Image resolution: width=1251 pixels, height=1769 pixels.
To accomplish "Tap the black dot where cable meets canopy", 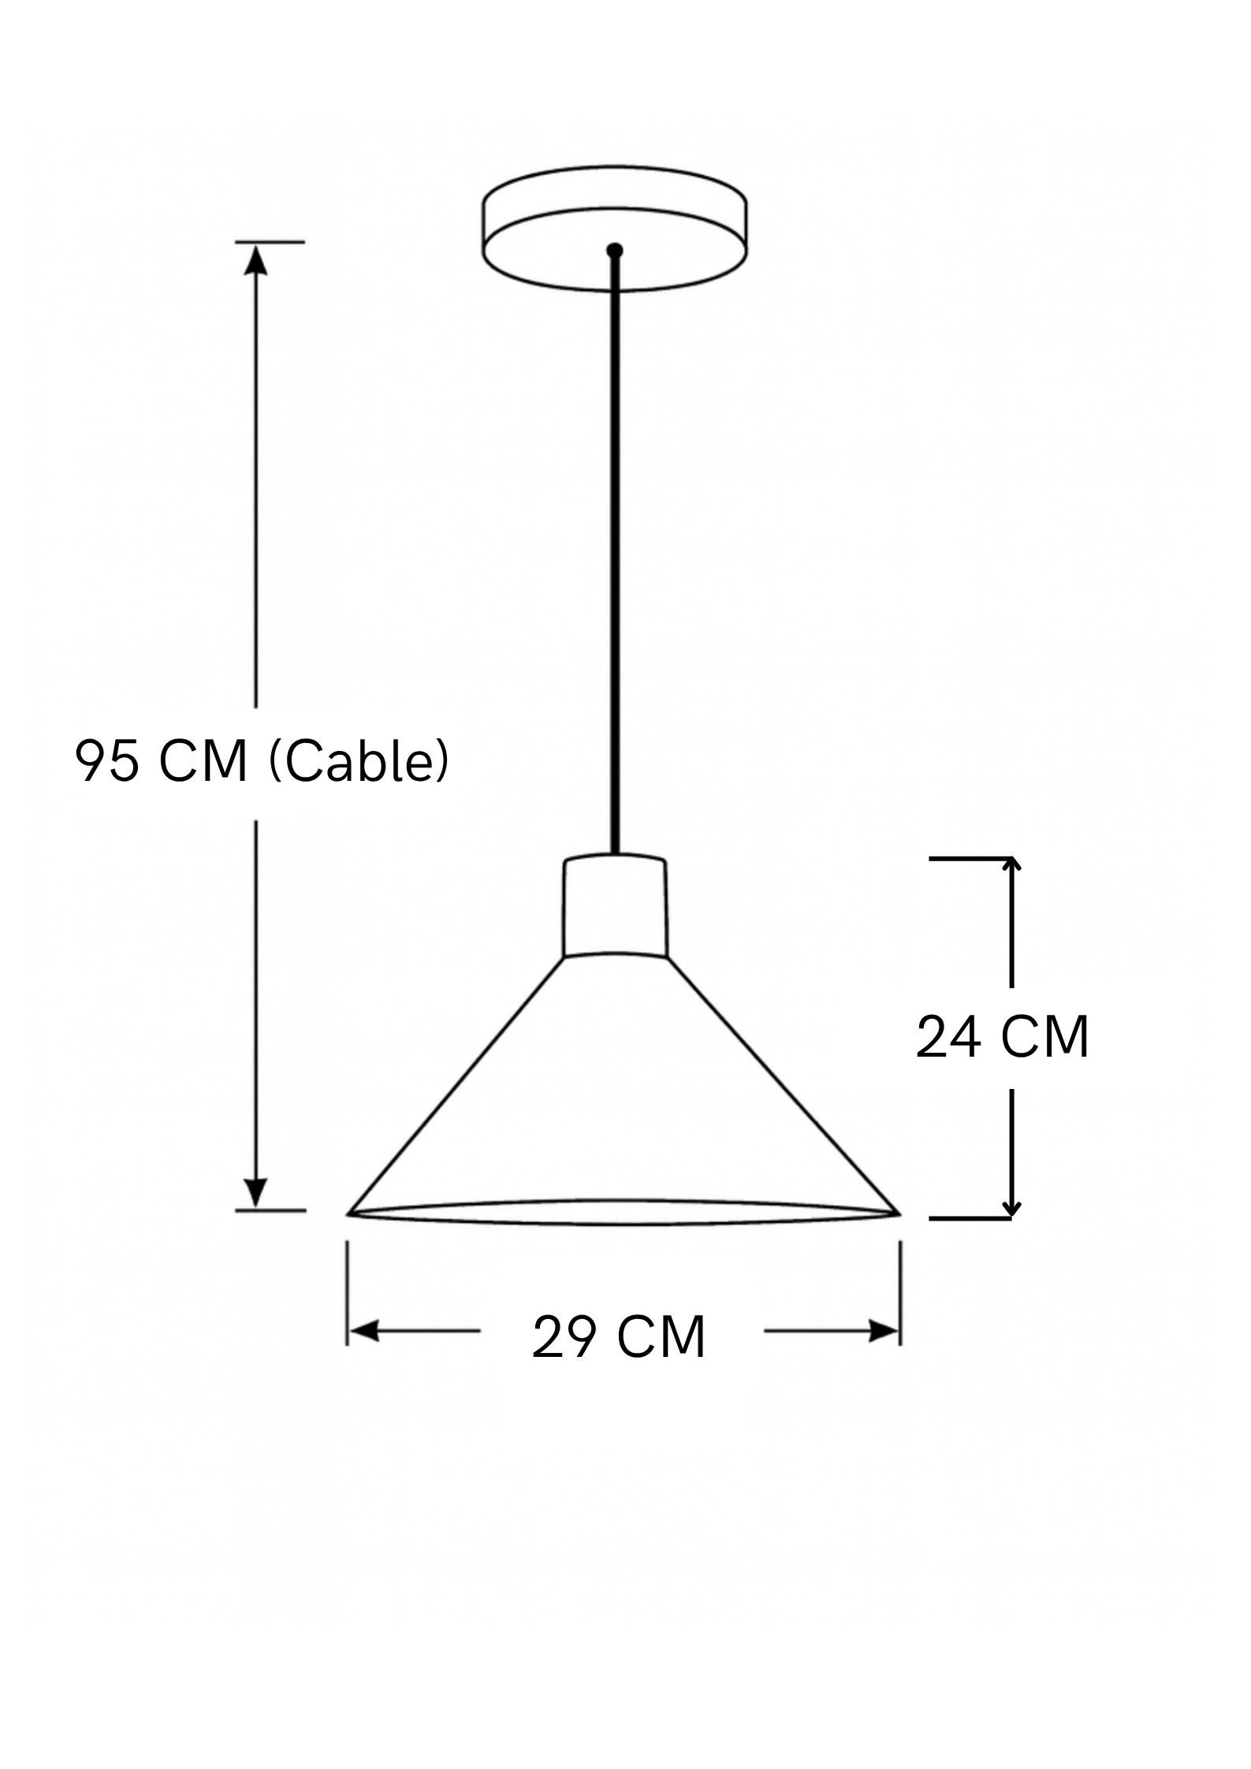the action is coord(615,251).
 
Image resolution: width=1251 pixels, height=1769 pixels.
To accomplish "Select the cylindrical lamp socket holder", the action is coord(615,906).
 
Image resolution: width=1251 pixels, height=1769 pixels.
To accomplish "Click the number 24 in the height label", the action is coord(948,1037).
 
